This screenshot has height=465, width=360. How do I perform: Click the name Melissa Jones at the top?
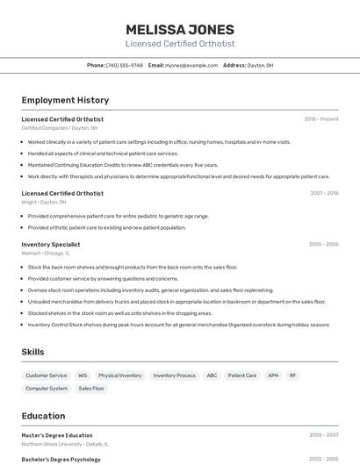point(180,28)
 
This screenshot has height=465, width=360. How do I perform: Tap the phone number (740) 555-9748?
point(124,65)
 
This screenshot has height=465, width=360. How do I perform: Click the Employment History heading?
point(65,100)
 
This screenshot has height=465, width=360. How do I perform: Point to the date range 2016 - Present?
point(320,119)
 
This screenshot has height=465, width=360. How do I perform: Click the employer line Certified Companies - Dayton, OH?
point(60,128)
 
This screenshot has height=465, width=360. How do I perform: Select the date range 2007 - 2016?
point(324,193)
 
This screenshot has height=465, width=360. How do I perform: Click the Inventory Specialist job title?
point(51,244)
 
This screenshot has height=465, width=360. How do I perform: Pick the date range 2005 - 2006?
point(323,244)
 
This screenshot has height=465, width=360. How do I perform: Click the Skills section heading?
point(33,352)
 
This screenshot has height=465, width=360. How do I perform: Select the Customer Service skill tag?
point(46,376)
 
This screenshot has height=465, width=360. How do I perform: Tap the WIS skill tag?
point(83,376)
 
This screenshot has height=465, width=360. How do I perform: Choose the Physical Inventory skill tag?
point(119,376)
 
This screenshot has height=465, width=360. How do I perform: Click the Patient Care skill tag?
point(242,376)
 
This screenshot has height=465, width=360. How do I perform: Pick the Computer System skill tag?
point(47,388)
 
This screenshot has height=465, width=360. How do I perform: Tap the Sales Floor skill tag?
point(91,388)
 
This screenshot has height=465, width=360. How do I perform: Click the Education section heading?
point(44,416)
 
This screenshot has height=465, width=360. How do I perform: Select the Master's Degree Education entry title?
point(57,435)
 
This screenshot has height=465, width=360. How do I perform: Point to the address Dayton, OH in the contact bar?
point(260,65)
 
